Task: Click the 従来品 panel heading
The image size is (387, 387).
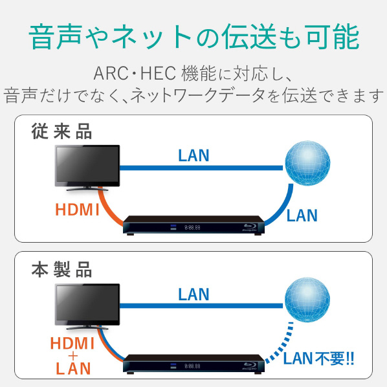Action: (61, 131)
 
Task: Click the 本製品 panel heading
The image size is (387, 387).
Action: (61, 270)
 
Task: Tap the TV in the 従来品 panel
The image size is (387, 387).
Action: (87, 168)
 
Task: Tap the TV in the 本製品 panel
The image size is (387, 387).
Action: (87, 307)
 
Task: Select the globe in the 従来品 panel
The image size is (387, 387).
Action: (307, 163)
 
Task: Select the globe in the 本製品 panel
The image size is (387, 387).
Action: (307, 300)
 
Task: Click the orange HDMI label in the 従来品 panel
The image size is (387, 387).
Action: (77, 210)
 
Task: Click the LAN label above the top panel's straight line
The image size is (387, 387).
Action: (193, 155)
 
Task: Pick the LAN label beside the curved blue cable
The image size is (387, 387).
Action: (302, 216)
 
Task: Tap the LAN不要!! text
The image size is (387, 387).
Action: (318, 359)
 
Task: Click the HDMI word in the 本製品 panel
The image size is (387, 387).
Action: (72, 343)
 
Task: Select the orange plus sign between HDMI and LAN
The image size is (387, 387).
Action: (73, 356)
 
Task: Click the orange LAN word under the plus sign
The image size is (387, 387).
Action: (73, 368)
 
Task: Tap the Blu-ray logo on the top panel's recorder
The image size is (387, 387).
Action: (250, 227)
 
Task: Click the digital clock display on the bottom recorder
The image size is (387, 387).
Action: (192, 366)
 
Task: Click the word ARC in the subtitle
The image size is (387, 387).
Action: (111, 73)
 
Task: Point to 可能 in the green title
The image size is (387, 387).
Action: (333, 37)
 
